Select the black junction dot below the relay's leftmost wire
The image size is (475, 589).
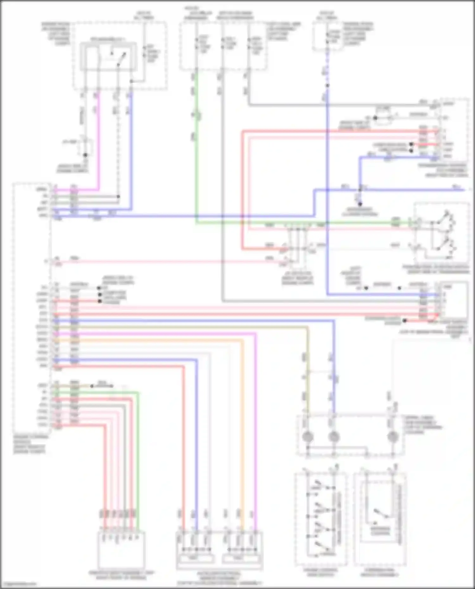coord(85,155)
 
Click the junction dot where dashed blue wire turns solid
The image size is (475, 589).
coord(327,85)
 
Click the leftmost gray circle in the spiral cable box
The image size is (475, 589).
coord(307,437)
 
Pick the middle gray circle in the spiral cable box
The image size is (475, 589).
coord(334,437)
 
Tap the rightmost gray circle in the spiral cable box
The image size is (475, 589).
coord(393,437)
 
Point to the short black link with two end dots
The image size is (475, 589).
coord(101,386)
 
